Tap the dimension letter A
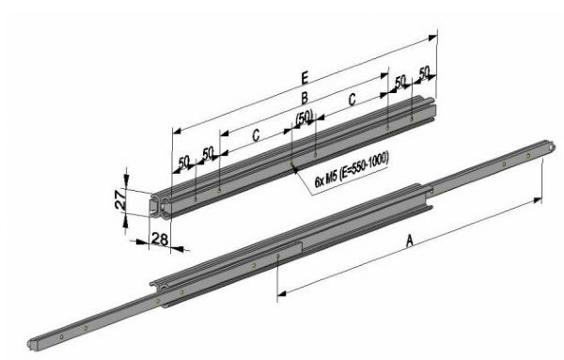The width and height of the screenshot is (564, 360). (x=409, y=242)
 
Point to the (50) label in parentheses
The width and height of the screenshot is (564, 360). (x=303, y=117)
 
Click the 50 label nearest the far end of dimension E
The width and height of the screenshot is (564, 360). (x=424, y=72)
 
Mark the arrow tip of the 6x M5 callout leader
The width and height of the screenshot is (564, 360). (x=293, y=168)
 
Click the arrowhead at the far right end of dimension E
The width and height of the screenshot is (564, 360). (x=437, y=37)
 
